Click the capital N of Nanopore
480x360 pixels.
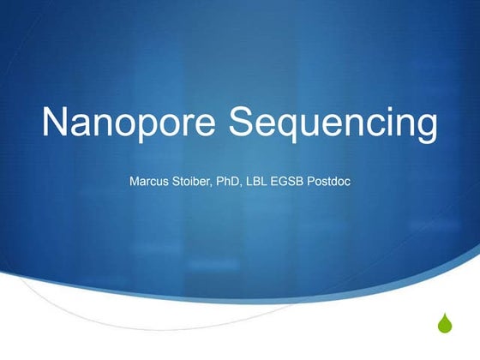coord(56,123)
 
